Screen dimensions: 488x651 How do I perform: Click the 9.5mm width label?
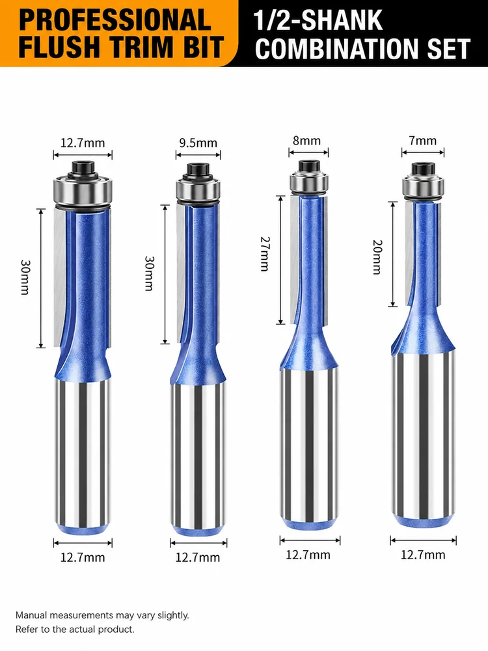(x=198, y=143)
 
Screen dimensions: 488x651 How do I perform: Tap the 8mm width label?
(x=306, y=141)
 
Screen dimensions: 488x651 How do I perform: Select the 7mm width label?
(x=423, y=141)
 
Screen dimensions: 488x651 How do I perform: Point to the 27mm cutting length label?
(x=265, y=254)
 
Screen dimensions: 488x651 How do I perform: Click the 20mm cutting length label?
(x=377, y=257)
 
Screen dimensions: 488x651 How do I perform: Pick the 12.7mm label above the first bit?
(x=83, y=143)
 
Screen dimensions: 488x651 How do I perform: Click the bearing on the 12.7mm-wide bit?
(x=83, y=191)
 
